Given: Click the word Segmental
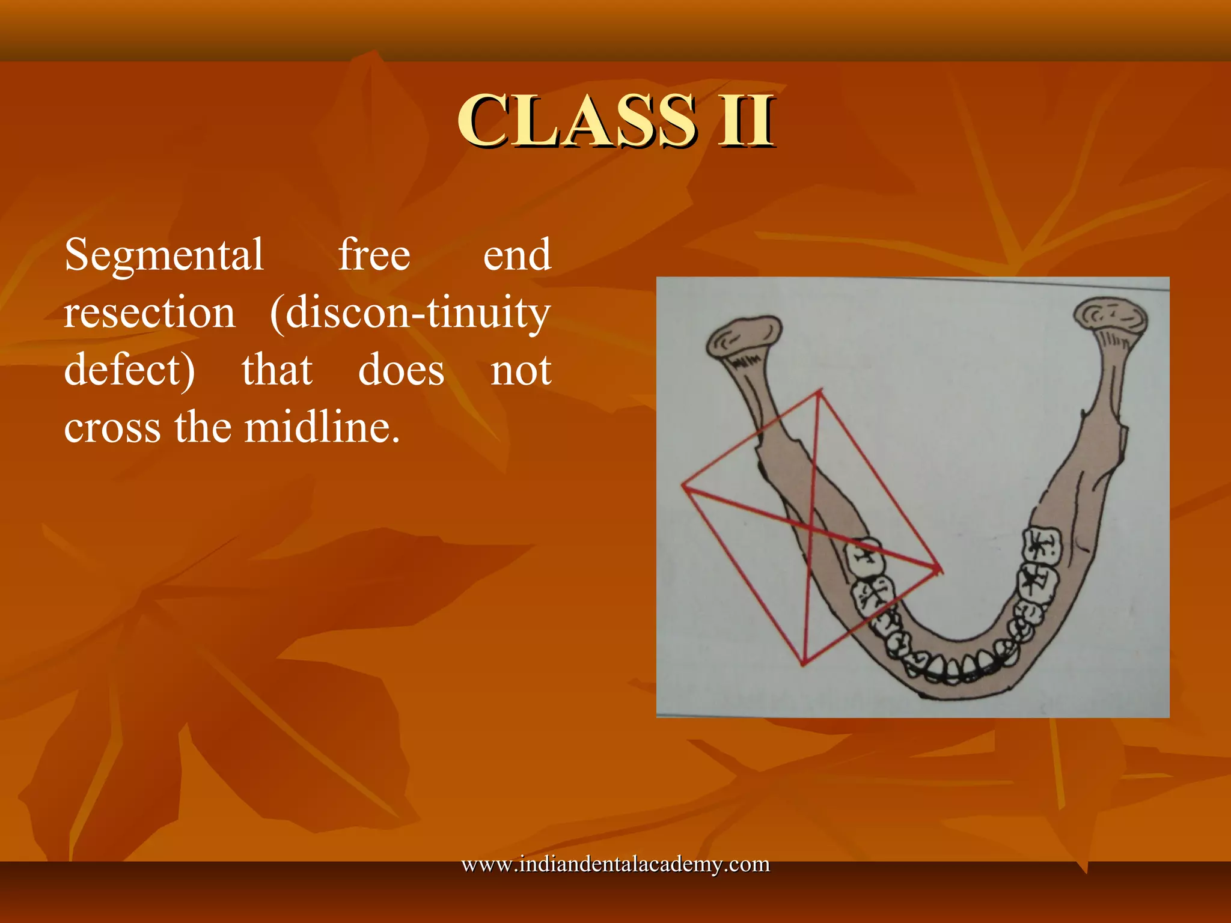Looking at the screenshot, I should pyautogui.click(x=164, y=255).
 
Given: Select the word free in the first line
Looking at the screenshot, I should pyautogui.click(x=374, y=255).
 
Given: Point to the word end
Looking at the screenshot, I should pyautogui.click(x=517, y=255).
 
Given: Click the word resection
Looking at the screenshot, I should pyautogui.click(x=150, y=312).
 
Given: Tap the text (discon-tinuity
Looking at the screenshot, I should pyautogui.click(x=410, y=312).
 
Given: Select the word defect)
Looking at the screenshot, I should pyautogui.click(x=130, y=370).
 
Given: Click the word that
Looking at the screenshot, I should pyautogui.click(x=277, y=370).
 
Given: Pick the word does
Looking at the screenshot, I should pyautogui.click(x=402, y=370).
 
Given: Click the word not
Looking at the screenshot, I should pyautogui.click(x=521, y=370).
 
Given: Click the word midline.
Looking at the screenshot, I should pyautogui.click(x=322, y=428).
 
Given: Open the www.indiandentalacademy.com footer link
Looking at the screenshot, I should pyautogui.click(x=615, y=864).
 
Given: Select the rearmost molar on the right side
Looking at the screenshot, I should pyautogui.click(x=1042, y=545).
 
